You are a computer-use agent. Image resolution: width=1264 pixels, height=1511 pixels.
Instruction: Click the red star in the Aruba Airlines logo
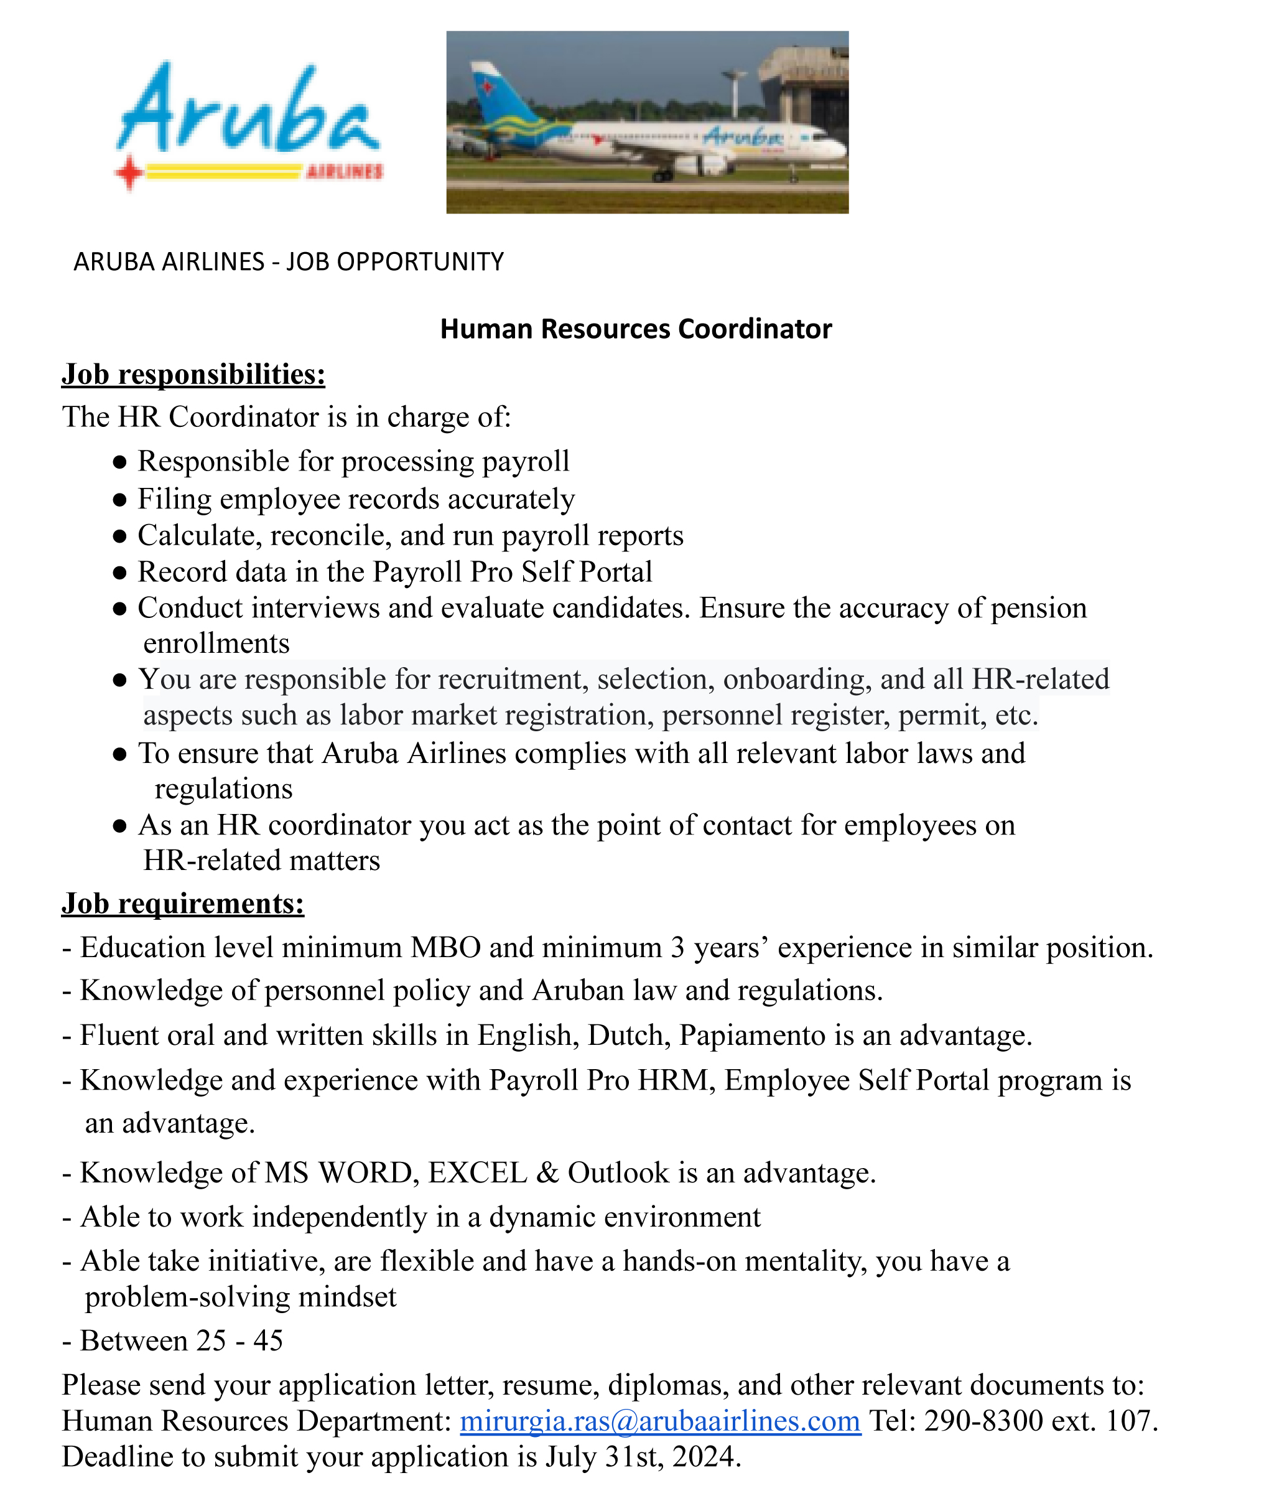pos(129,172)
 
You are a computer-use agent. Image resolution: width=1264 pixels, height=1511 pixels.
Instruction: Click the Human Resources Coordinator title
pos(635,329)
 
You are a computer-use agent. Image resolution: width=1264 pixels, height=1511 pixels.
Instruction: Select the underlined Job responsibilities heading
pos(193,374)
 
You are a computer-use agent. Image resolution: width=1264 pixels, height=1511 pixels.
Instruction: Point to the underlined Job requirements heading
pos(183,903)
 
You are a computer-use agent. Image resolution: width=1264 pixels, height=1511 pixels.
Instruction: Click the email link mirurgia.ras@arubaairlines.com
pos(660,1421)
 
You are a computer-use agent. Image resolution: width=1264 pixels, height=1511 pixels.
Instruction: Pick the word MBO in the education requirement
pos(445,948)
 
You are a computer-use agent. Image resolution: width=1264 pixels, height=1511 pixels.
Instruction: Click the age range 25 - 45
pos(239,1341)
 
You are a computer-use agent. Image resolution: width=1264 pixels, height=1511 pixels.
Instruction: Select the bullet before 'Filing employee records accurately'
pos(120,499)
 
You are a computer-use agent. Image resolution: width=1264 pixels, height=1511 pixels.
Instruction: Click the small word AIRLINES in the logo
pos(345,172)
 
